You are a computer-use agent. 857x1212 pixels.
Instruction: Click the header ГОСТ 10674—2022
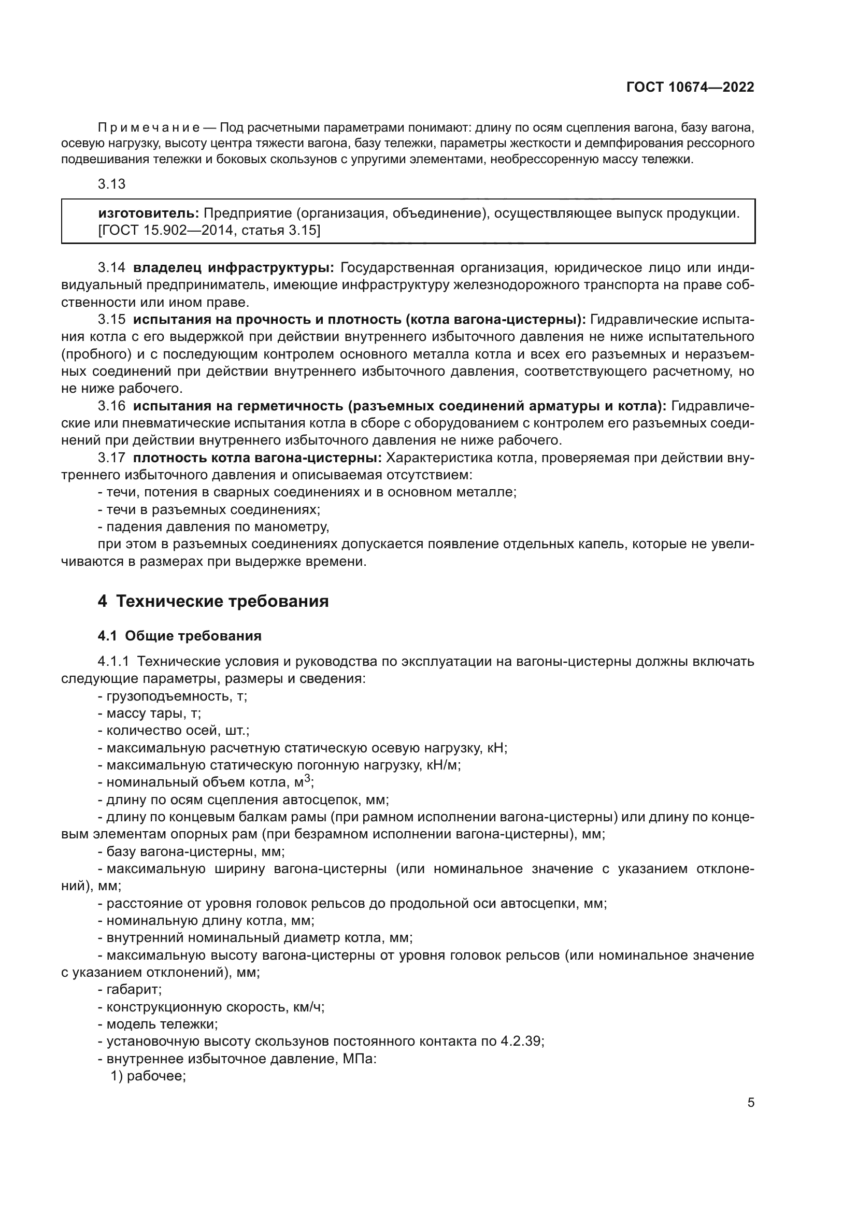click(690, 87)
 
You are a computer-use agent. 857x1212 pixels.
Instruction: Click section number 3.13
click(111, 184)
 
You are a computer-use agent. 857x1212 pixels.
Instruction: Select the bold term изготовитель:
click(148, 213)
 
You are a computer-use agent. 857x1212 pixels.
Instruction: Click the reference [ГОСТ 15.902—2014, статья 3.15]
click(209, 230)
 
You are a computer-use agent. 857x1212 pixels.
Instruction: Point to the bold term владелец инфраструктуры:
click(233, 267)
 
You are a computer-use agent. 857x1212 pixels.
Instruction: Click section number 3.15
click(111, 319)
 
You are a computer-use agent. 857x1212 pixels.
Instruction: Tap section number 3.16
click(111, 406)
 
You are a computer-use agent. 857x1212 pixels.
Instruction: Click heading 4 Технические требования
click(213, 601)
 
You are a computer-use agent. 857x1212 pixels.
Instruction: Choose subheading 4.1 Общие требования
click(179, 636)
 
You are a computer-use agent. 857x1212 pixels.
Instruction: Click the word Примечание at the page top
click(148, 128)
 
